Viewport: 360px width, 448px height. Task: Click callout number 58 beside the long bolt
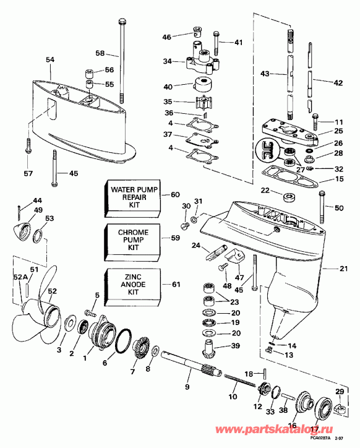[x=101, y=53]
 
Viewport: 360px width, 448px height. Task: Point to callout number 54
[x=50, y=59]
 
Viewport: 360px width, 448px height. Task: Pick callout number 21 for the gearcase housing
[x=343, y=268]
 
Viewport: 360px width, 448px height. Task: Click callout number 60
[x=175, y=194]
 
